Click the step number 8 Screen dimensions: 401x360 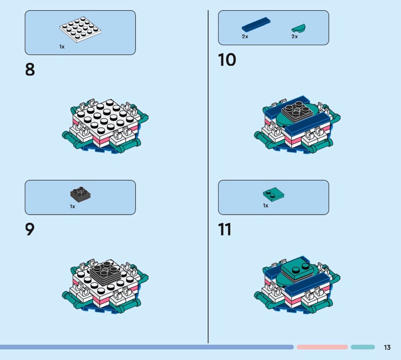click(30, 69)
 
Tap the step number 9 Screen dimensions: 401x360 click(30, 229)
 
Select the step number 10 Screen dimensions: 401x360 click(227, 60)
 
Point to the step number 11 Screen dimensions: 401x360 click(225, 229)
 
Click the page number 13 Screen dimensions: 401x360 click(387, 347)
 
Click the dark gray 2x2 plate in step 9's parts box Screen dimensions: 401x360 click(81, 194)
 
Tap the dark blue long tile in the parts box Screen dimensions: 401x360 click(256, 25)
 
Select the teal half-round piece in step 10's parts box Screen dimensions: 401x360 click(298, 28)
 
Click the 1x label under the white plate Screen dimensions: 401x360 click(62, 47)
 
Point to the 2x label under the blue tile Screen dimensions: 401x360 click(245, 37)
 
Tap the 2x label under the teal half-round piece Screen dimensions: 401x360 click(295, 37)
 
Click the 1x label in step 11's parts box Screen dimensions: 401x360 click(266, 206)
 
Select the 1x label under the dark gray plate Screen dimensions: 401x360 click(73, 206)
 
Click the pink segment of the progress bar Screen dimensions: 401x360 click(322, 347)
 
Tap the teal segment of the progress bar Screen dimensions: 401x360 click(363, 347)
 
